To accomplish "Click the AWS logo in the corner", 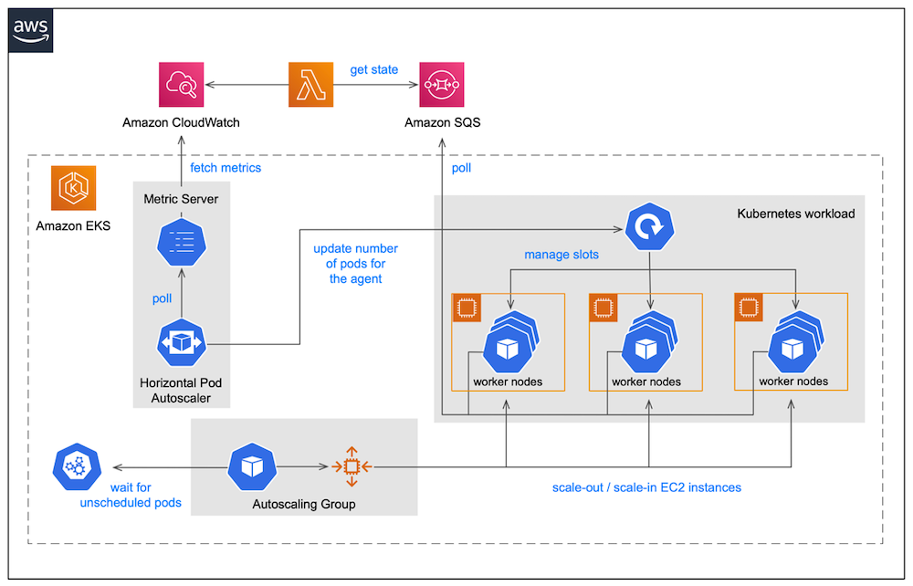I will pyautogui.click(x=32, y=30).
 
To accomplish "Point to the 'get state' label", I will pyautogui.click(x=374, y=69).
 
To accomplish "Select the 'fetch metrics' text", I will pyautogui.click(x=226, y=168).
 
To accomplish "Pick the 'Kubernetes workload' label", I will pyautogui.click(x=795, y=214).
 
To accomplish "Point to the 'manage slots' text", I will pyautogui.click(x=561, y=255).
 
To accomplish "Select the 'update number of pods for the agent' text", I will pyautogui.click(x=356, y=264).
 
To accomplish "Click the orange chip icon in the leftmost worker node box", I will pyautogui.click(x=467, y=309).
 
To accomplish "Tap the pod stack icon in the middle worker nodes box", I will pyautogui.click(x=647, y=343).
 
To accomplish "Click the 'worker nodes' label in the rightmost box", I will pyautogui.click(x=793, y=382).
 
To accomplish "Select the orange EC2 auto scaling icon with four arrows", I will pyautogui.click(x=350, y=466).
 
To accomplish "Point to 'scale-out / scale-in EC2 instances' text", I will pyautogui.click(x=646, y=487).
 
